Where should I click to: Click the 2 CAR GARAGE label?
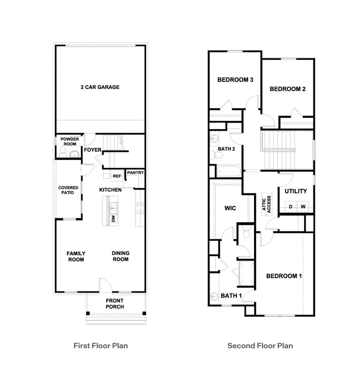pyautogui.click(x=100, y=87)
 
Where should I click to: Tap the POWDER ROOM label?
pyautogui.click(x=70, y=142)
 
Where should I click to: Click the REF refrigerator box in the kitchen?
pyautogui.click(x=116, y=176)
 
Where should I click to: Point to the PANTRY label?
pyautogui.click(x=135, y=173)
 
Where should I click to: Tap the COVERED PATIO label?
pyautogui.click(x=68, y=190)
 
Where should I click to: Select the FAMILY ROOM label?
pyautogui.click(x=76, y=256)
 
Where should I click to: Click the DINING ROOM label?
pyautogui.click(x=120, y=256)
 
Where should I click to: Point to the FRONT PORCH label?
pyautogui.click(x=115, y=304)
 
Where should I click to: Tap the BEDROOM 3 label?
pyautogui.click(x=235, y=80)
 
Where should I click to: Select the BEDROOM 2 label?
pyautogui.click(x=288, y=89)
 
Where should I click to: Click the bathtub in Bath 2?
pyautogui.click(x=229, y=172)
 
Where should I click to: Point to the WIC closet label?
pyautogui.click(x=230, y=208)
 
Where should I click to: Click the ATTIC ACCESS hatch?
pyautogui.click(x=266, y=204)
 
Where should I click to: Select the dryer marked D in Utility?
pyautogui.click(x=291, y=207)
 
